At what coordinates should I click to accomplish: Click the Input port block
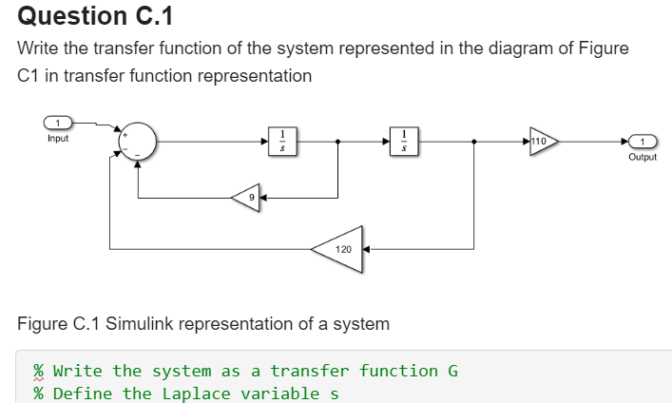(x=57, y=123)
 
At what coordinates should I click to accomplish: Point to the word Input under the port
(x=57, y=139)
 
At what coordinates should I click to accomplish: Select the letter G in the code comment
(x=452, y=371)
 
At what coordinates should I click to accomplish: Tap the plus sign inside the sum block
(x=123, y=136)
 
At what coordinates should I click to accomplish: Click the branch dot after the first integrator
(x=339, y=142)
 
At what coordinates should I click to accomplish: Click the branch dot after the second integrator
(x=474, y=142)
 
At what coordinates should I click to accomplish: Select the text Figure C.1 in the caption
(x=59, y=324)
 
